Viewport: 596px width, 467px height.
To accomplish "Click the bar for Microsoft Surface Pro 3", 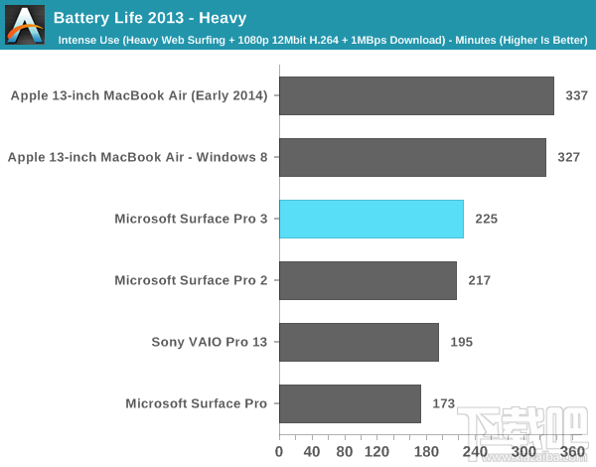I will (x=371, y=219).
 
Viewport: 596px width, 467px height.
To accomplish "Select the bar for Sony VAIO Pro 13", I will (x=359, y=342).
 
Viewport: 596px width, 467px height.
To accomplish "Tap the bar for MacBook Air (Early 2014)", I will (x=416, y=95).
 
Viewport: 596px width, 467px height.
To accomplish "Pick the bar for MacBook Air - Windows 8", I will (x=412, y=157).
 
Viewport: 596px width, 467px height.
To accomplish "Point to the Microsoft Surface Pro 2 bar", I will (x=368, y=280).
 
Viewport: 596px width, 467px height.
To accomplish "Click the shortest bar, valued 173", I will (x=350, y=403).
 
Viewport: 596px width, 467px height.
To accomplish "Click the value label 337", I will (x=577, y=96).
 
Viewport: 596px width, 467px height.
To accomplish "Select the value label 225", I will (x=487, y=220).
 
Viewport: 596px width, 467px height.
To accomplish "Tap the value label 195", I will (x=461, y=343).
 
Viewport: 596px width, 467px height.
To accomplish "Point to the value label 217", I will (x=479, y=281).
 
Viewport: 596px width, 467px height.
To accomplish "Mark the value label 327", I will (x=568, y=158).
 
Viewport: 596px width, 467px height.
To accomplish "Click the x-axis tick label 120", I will (x=376, y=451).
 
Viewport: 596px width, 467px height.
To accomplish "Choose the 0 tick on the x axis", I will (x=279, y=451).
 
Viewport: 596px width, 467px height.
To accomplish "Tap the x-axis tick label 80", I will (x=344, y=451).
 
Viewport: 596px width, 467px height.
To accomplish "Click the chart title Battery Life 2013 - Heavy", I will (x=149, y=18).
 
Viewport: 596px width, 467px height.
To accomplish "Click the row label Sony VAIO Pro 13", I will (x=209, y=343).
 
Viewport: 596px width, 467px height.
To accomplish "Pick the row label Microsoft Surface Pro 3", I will (x=191, y=220).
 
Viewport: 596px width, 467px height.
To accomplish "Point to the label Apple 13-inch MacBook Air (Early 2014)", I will (x=139, y=96).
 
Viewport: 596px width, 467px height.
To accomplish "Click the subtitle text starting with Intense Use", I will (x=322, y=41).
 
